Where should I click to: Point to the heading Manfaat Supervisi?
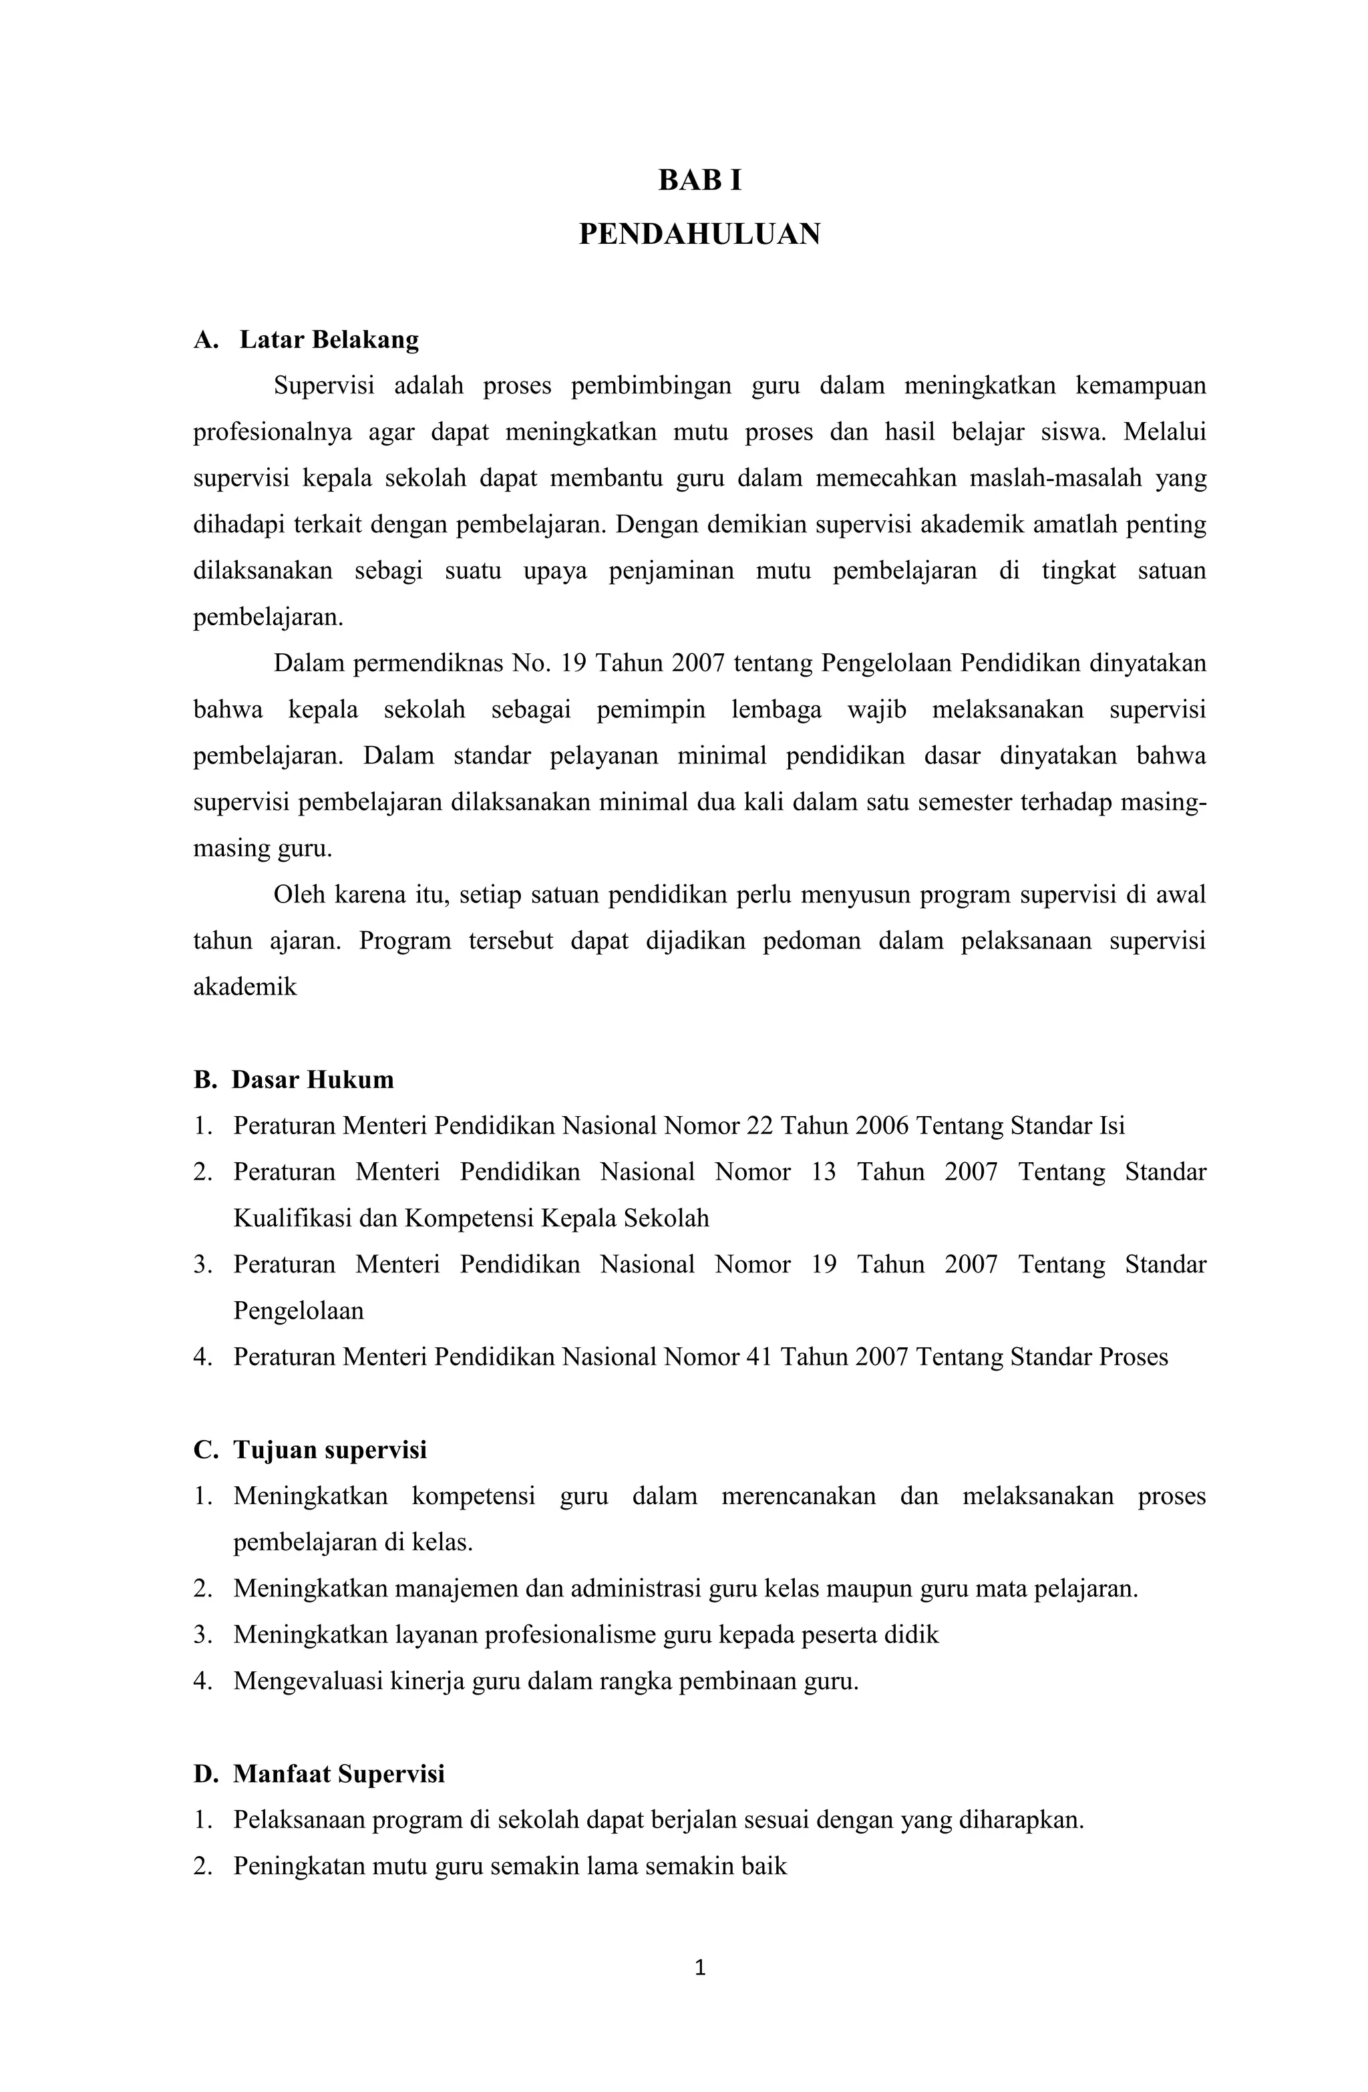[x=339, y=1774]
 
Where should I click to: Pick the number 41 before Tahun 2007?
[x=758, y=1357]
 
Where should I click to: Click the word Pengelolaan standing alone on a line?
[x=298, y=1311]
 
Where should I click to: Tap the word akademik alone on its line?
[x=245, y=987]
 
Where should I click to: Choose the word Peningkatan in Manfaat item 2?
[x=297, y=1866]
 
